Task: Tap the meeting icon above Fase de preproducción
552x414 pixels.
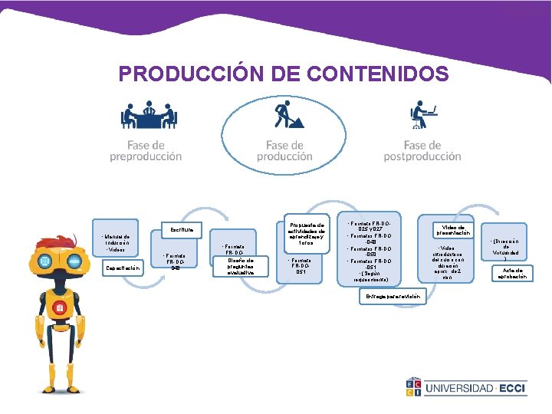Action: point(149,116)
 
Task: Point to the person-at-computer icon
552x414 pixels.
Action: point(423,116)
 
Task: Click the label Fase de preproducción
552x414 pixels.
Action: point(146,150)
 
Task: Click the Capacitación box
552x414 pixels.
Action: point(123,268)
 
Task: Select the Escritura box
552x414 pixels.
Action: point(181,229)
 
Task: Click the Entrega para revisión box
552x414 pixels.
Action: point(393,296)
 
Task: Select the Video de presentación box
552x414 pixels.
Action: point(455,229)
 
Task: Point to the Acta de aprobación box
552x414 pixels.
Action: point(512,274)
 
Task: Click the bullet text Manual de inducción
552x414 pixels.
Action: point(117,241)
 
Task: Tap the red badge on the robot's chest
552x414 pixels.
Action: point(59,309)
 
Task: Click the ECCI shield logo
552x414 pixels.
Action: point(414,388)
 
